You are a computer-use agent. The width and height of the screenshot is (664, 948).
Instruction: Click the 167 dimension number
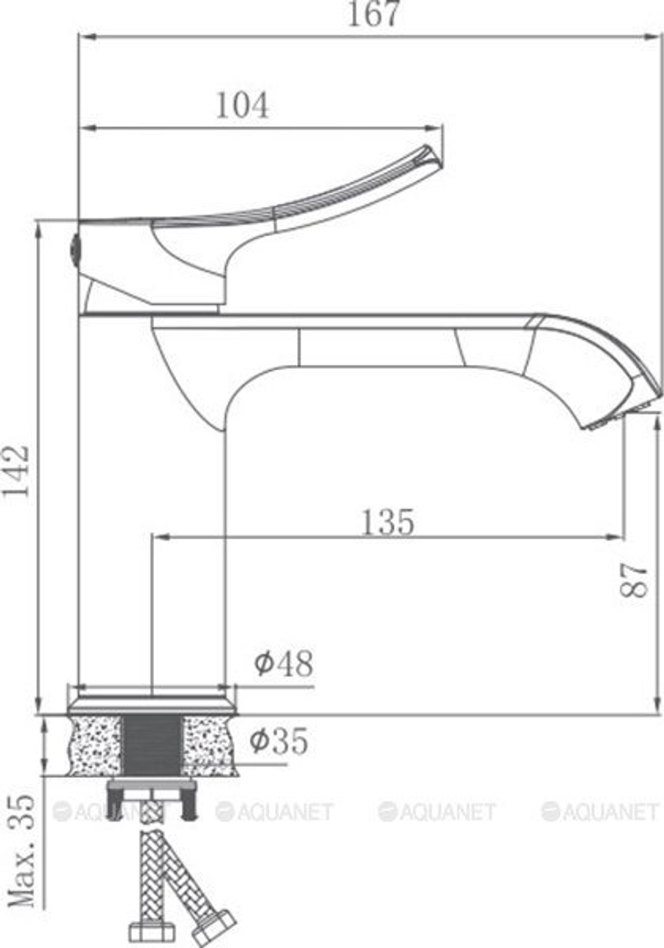click(x=374, y=15)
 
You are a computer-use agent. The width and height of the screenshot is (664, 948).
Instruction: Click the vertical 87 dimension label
click(x=635, y=581)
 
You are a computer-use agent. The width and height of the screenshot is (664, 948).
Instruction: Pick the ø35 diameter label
click(x=280, y=741)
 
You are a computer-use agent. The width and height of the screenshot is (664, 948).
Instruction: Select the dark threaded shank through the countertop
click(x=152, y=744)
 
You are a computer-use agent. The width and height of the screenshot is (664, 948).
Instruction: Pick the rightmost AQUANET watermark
click(x=600, y=811)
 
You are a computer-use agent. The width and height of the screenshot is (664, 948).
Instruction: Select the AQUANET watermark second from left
click(x=274, y=811)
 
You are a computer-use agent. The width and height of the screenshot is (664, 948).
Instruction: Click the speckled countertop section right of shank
click(x=210, y=744)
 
